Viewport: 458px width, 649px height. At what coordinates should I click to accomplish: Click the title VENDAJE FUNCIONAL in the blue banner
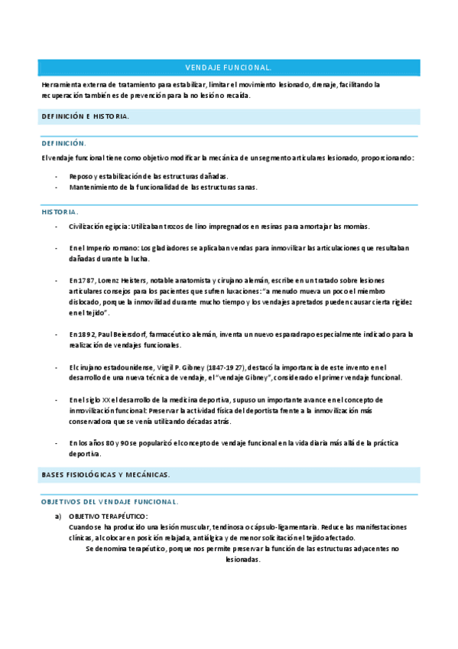229,67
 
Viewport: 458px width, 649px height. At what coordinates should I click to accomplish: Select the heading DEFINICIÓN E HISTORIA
85,116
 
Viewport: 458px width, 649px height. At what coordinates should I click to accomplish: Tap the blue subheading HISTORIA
60,211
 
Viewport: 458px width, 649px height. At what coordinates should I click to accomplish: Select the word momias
354,227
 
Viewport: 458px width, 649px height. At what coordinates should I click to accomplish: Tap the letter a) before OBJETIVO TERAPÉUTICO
57,517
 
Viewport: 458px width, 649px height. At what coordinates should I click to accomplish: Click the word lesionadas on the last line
243,559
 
